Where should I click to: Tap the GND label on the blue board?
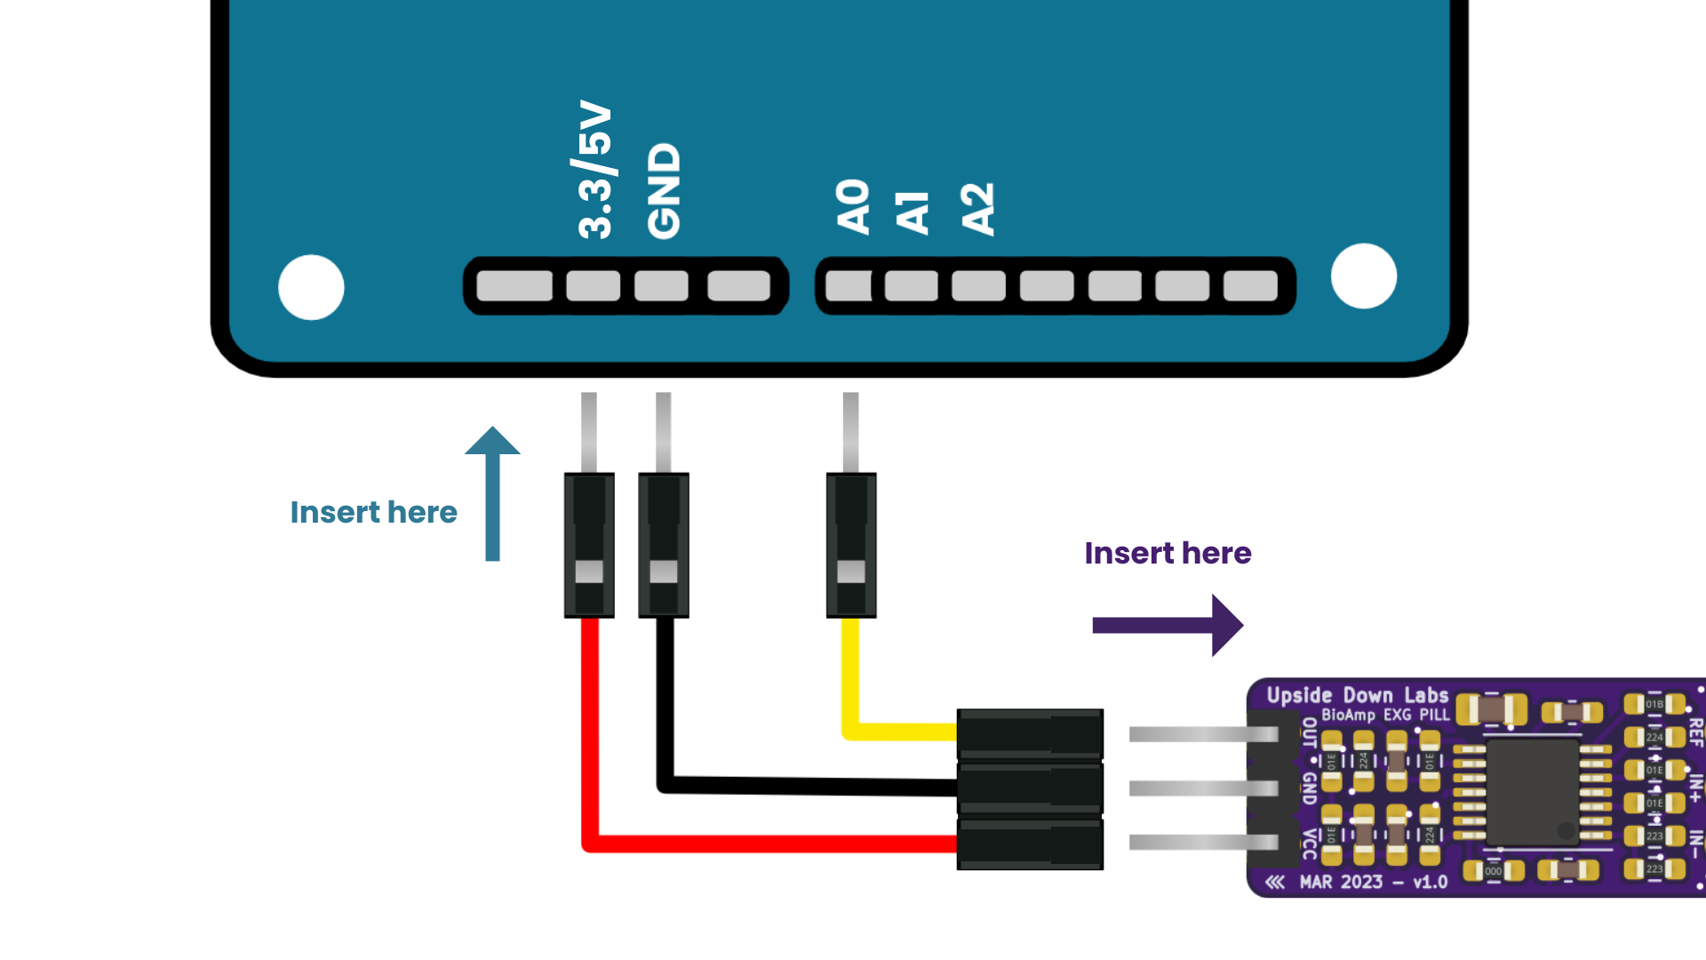(x=664, y=191)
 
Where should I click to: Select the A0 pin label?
(x=853, y=206)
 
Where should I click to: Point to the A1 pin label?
(x=913, y=212)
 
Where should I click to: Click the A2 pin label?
(x=977, y=209)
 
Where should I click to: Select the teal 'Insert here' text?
(x=373, y=512)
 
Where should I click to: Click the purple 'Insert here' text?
(x=1168, y=553)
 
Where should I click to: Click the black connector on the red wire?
(x=589, y=545)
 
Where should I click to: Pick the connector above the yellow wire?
(x=851, y=545)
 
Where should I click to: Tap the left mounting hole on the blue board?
(x=311, y=287)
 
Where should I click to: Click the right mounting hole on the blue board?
(x=1364, y=276)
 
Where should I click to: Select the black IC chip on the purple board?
(x=1532, y=791)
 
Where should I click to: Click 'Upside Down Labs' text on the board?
(x=1357, y=695)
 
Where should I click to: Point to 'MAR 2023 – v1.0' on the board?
(x=1373, y=882)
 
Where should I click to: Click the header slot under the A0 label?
(x=849, y=286)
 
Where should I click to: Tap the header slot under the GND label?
(x=661, y=286)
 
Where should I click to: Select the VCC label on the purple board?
(x=1310, y=844)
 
